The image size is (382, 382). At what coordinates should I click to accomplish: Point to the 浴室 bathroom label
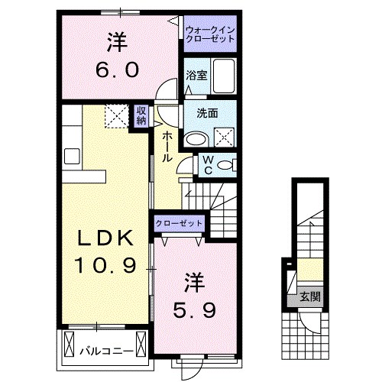pyautogui.click(x=196, y=75)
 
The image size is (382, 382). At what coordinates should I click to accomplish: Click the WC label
pyautogui.click(x=206, y=166)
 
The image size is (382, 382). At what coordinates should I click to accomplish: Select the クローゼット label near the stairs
pyautogui.click(x=180, y=223)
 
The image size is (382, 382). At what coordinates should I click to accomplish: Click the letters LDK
pyautogui.click(x=107, y=238)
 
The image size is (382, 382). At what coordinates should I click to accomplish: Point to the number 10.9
pyautogui.click(x=105, y=266)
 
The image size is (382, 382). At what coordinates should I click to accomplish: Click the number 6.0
pyautogui.click(x=118, y=70)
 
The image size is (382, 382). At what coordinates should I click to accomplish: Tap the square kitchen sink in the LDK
pyautogui.click(x=72, y=157)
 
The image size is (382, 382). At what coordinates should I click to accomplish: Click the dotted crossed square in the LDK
pyautogui.click(x=118, y=116)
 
